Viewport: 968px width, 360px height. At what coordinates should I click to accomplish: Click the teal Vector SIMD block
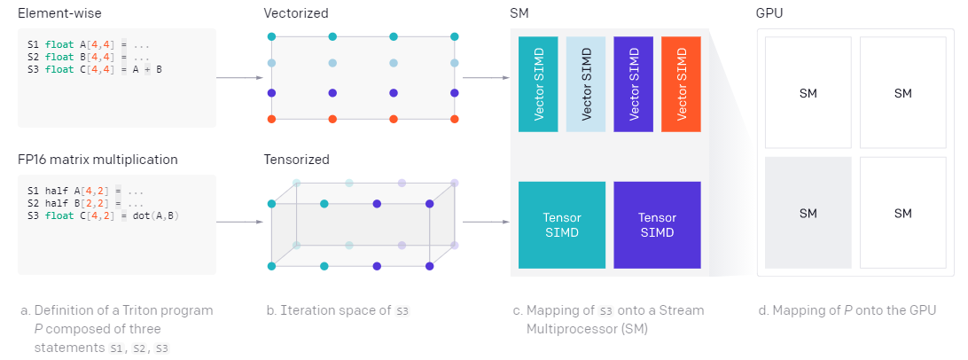point(538,84)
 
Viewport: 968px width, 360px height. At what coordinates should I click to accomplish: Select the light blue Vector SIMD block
point(585,84)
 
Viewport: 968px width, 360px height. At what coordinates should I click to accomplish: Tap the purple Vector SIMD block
point(633,84)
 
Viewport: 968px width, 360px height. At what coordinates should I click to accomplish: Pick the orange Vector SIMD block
point(681,84)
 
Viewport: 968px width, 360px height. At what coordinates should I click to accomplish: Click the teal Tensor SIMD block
point(562,225)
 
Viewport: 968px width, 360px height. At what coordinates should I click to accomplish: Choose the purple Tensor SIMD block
point(657,225)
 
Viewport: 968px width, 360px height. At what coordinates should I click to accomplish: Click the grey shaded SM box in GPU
point(808,213)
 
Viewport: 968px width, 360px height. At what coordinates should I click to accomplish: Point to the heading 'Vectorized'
point(296,14)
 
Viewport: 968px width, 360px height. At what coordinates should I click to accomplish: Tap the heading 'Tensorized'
point(296,160)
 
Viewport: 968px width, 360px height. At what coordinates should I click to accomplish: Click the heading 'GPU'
point(769,14)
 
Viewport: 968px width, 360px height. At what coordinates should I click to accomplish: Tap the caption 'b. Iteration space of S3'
point(338,310)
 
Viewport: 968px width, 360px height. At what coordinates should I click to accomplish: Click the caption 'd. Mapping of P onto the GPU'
point(846,310)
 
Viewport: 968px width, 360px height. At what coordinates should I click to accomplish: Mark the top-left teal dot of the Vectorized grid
point(272,36)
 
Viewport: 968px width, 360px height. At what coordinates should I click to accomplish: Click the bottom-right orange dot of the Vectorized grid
point(455,119)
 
